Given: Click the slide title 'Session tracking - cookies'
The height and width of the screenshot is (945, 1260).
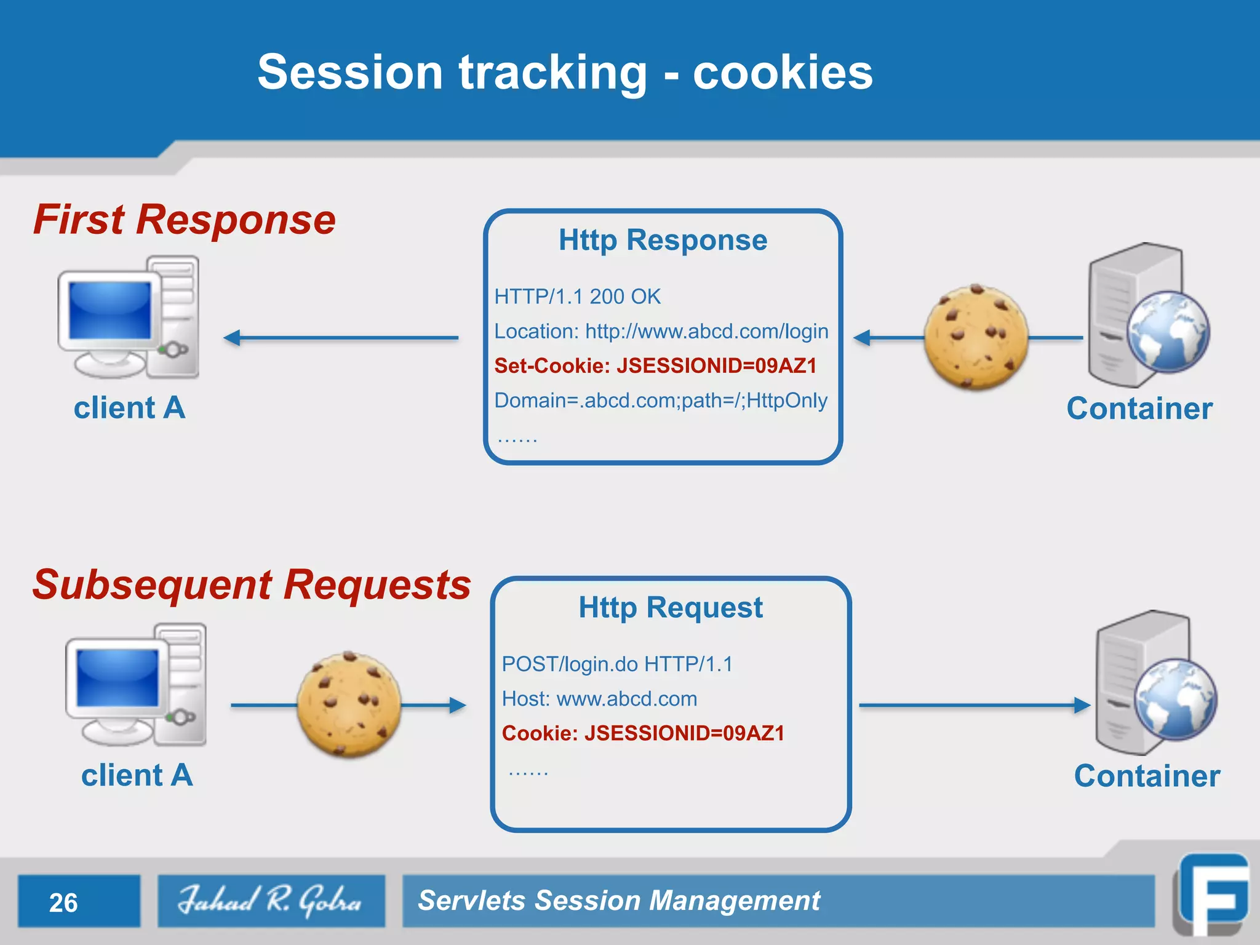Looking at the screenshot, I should pos(565,73).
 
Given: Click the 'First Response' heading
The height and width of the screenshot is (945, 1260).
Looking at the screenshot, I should pos(184,220).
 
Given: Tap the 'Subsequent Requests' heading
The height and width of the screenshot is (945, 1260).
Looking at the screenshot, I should pos(252,584).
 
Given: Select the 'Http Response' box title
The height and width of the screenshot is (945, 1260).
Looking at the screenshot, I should pos(663,240).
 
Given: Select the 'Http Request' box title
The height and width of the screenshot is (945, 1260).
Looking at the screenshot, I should pos(670,608).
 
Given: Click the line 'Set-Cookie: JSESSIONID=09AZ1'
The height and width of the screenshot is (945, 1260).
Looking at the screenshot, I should pos(655,366).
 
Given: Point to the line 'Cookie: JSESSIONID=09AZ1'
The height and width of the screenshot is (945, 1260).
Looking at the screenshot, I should pos(643,733).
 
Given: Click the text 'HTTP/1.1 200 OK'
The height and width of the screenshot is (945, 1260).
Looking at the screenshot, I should pos(577,297).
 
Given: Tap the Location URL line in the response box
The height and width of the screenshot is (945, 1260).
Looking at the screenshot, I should pos(661,332).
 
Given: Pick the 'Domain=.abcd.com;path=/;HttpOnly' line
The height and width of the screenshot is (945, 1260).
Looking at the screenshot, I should pos(661,401).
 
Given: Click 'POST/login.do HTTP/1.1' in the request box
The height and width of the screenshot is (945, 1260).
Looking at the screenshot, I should pos(617,664).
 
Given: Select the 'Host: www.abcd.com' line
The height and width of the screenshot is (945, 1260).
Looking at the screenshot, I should pos(599,699).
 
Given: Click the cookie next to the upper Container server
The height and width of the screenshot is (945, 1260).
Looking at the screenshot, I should pos(976,337).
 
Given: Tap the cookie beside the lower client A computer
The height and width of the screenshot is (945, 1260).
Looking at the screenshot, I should pos(349,704).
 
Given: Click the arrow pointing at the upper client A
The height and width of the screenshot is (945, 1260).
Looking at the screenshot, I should pos(341,338).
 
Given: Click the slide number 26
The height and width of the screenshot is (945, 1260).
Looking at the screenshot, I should pos(63,903).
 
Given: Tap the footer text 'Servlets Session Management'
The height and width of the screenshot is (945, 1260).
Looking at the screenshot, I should pos(618,901).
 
